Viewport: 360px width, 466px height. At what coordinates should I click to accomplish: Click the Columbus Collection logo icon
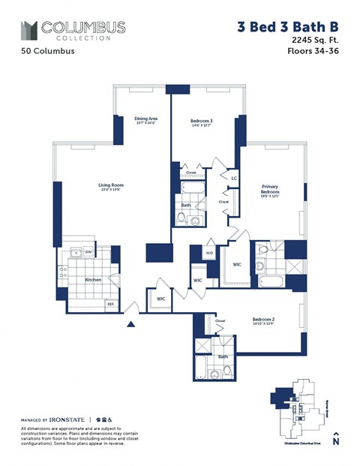[28, 30]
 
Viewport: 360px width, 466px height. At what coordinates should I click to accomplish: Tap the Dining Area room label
[145, 119]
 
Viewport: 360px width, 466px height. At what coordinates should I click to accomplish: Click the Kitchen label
[93, 279]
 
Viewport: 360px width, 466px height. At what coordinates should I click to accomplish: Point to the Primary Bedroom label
[270, 189]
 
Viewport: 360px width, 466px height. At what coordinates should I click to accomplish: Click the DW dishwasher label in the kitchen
[88, 253]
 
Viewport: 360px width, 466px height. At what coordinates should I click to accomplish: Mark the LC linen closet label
[234, 179]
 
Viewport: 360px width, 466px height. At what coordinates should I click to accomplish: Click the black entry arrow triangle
[132, 324]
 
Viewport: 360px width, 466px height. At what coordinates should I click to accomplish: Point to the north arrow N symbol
[336, 440]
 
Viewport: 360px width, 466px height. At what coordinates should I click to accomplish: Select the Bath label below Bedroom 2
[223, 356]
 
